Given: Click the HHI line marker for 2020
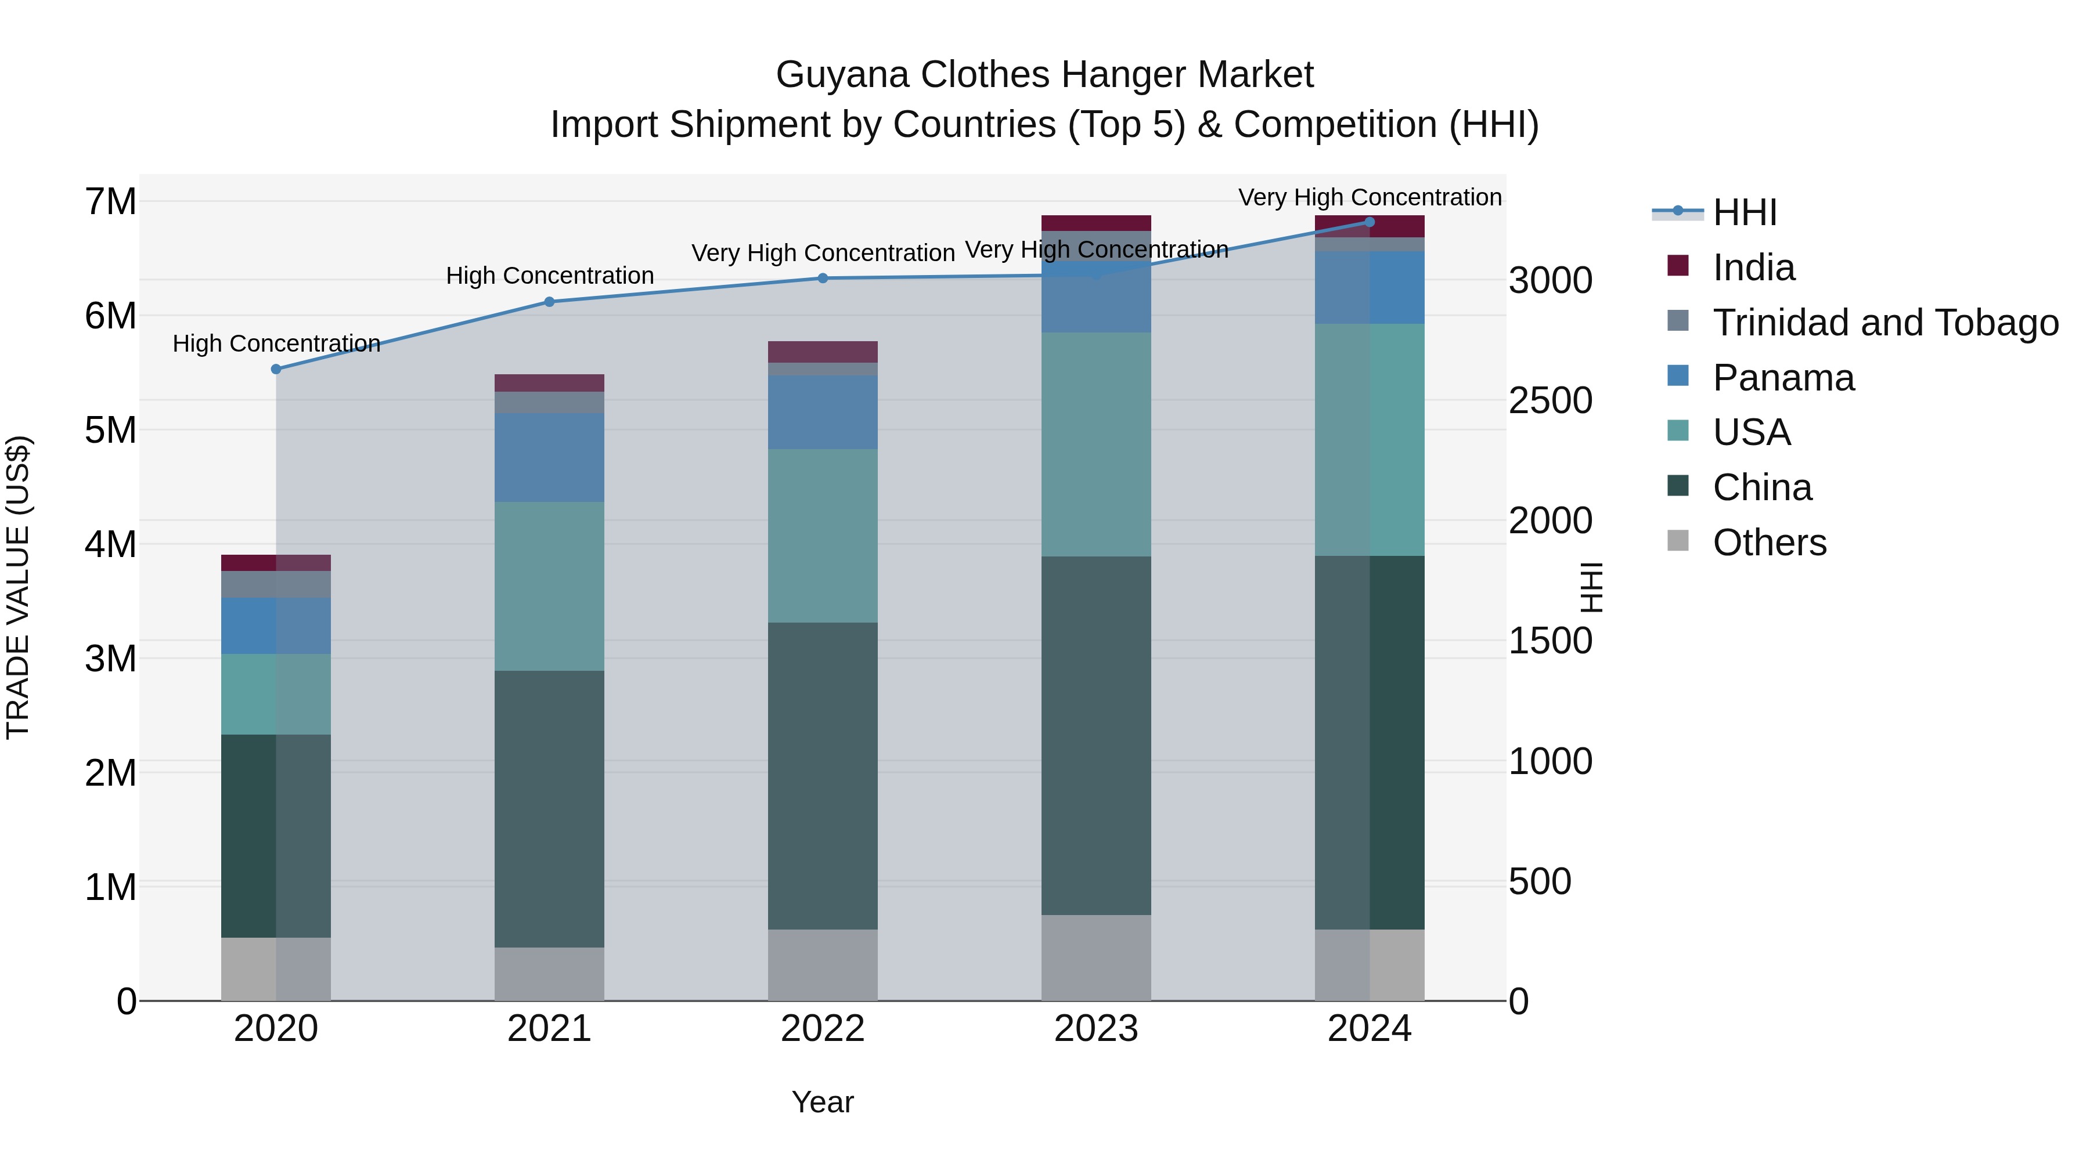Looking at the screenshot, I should coord(276,369).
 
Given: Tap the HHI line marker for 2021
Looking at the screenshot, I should coord(549,302).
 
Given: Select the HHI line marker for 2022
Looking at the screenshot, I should coord(823,278).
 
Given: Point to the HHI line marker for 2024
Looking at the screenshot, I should coord(1370,222).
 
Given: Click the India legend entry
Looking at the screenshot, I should coord(1753,267).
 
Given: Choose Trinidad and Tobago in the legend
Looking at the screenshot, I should coord(1884,323).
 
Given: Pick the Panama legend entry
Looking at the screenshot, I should coord(1782,378).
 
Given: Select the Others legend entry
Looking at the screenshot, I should coord(1769,543).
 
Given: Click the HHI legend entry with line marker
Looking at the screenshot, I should coord(1745,212).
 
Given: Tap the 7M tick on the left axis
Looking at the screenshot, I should coord(111,201).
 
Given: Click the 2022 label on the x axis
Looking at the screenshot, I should coord(823,1029).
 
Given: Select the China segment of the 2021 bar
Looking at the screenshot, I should coord(549,808).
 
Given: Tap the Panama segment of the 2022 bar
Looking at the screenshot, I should coord(823,412).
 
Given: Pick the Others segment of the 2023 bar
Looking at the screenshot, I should coord(1096,957).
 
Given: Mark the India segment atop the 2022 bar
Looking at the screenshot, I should coord(823,352).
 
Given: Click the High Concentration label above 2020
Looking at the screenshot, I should coord(276,344).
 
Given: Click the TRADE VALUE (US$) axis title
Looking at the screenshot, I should coord(18,587).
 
